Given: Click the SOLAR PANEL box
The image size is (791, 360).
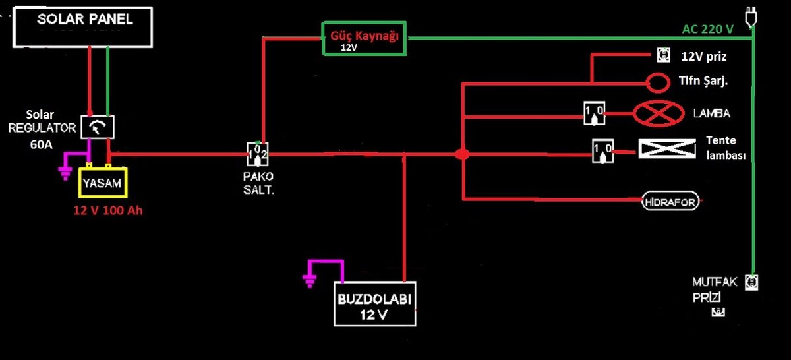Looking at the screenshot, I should [84, 27].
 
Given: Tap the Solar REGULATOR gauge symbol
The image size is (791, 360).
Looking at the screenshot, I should [98, 126].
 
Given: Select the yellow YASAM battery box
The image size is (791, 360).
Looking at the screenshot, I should [102, 184].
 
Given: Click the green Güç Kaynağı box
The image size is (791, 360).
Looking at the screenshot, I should [365, 38].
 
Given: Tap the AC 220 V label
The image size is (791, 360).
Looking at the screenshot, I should [708, 30].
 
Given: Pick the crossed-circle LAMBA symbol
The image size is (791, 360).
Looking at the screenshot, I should [659, 113].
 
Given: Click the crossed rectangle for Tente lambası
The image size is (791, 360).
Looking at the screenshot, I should [667, 148].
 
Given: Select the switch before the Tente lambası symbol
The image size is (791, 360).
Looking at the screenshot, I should [602, 150].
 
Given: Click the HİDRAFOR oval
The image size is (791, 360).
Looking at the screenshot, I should [669, 202].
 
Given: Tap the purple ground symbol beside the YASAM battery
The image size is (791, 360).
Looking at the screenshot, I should [65, 169].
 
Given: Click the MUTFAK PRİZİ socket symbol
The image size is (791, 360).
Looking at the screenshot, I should [751, 283].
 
